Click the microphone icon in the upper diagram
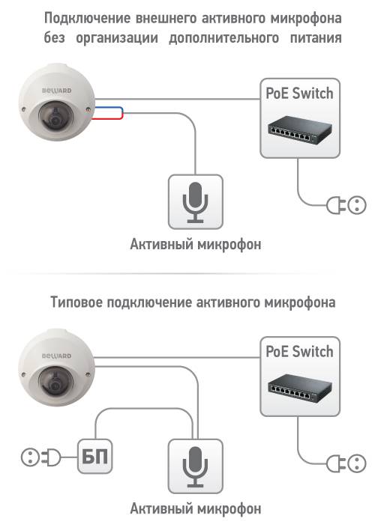(195, 203)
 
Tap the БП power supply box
(94, 456)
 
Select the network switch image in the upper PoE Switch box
(300, 130)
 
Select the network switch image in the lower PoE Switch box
(300, 389)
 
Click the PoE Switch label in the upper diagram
(299, 94)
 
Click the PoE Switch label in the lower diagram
(299, 352)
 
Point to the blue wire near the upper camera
(109, 108)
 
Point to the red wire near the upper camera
(108, 118)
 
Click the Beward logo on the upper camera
(56, 91)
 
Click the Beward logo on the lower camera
(56, 356)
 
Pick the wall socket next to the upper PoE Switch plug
(356, 205)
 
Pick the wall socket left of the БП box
(31, 457)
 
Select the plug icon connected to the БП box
(52, 457)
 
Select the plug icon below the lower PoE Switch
(336, 463)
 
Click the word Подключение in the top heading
(87, 19)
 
